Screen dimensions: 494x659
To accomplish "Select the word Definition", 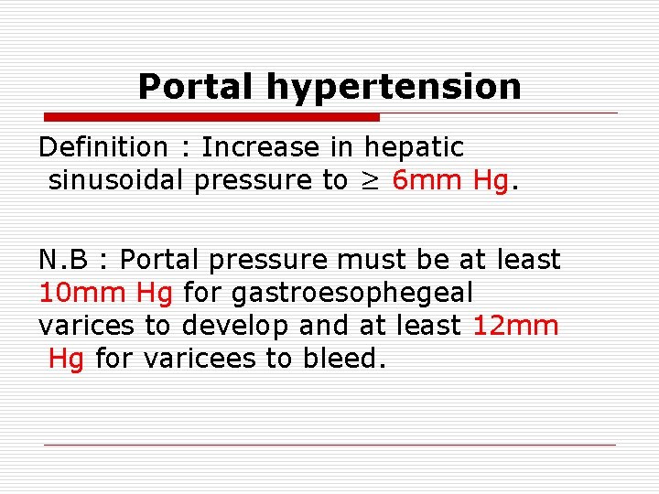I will coord(103,146).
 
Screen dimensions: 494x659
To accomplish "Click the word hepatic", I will coord(414,147).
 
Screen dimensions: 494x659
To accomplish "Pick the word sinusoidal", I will coord(116,180).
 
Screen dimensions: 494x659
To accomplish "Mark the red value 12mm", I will coord(515,326).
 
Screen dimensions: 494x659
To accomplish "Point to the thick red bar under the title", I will coord(211,117).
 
